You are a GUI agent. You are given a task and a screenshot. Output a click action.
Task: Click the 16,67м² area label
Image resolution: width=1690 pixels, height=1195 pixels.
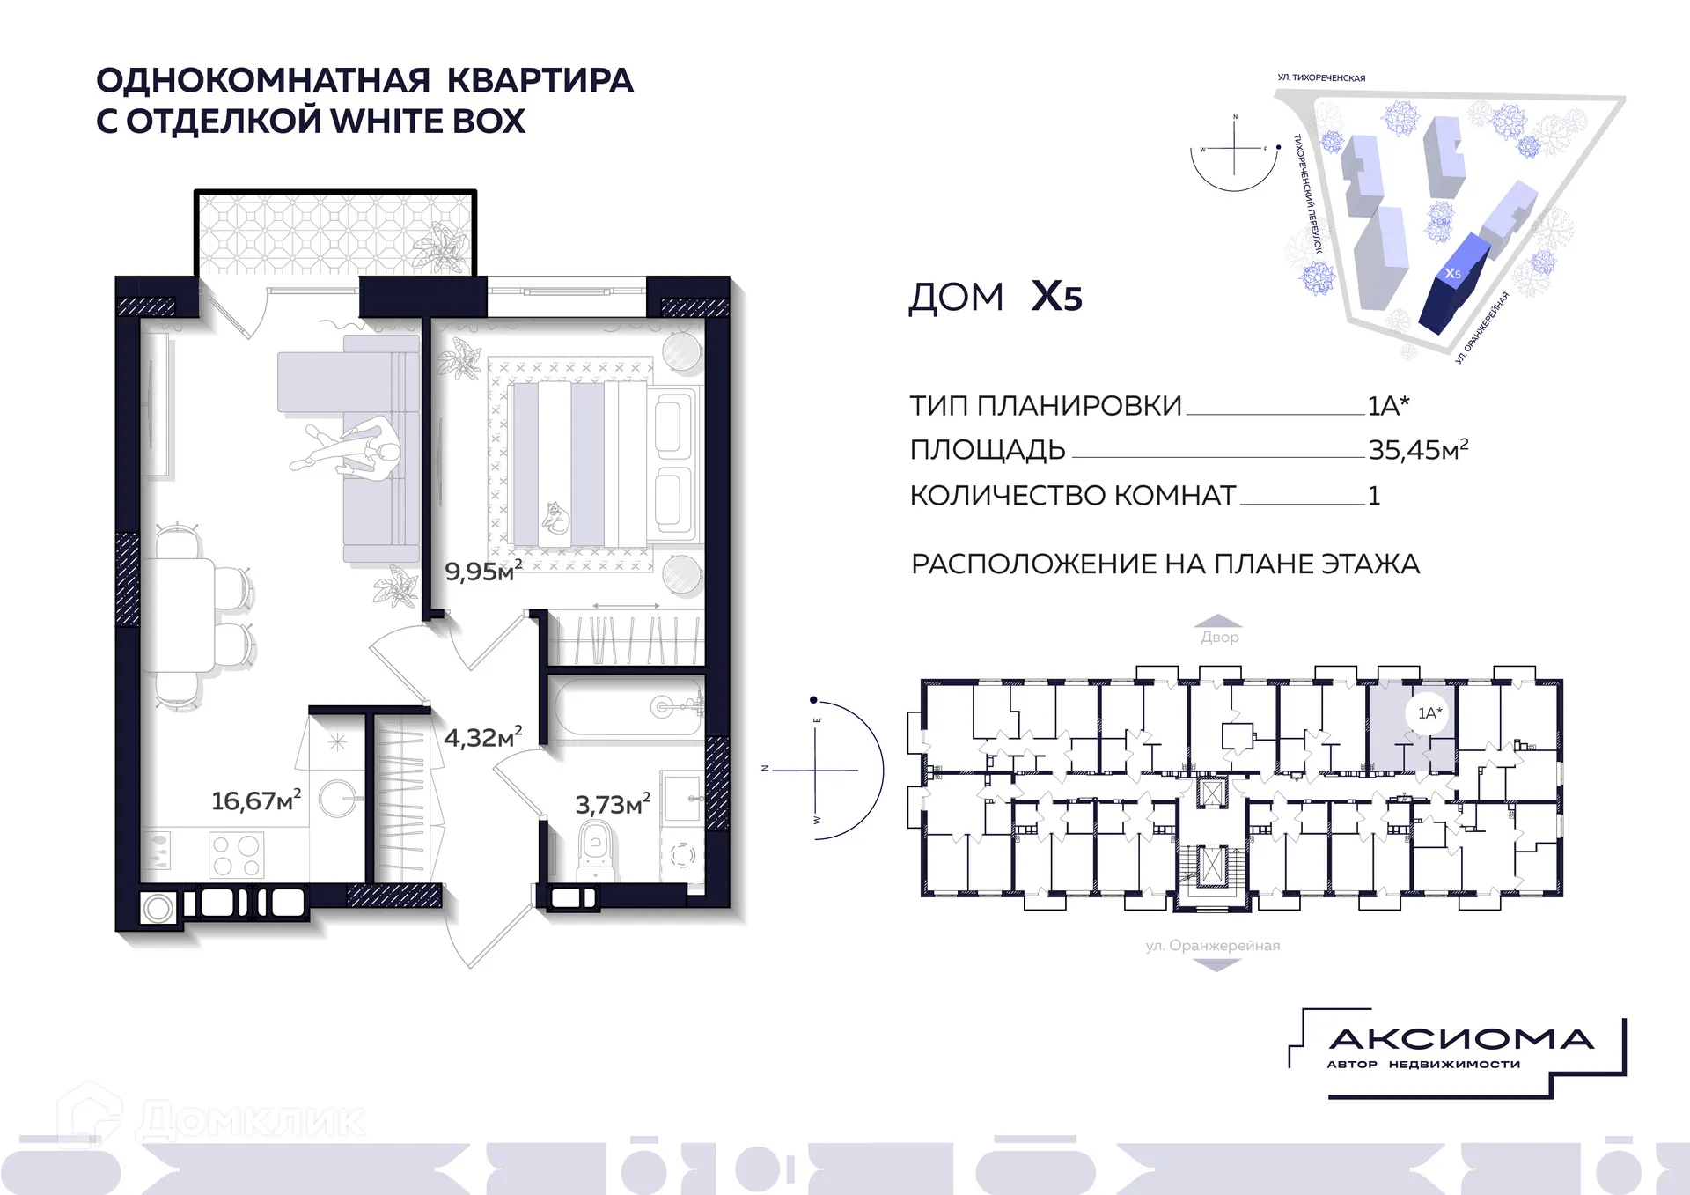(x=255, y=800)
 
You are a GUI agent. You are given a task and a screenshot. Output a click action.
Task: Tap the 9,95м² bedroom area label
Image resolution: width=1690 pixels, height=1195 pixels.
(x=482, y=571)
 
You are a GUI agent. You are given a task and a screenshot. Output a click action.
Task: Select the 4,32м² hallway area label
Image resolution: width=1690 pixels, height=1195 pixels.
(x=482, y=737)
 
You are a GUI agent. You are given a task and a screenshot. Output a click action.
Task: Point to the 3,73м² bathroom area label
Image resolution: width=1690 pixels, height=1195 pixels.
(x=613, y=804)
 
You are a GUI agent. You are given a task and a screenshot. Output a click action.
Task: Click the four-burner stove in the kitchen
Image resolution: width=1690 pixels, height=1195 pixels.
(x=236, y=855)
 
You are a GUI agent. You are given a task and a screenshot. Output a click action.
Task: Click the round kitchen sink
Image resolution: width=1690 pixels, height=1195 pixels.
(x=337, y=800)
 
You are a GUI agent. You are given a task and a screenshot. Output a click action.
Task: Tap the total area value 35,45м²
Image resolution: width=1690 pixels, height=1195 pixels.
(x=1417, y=450)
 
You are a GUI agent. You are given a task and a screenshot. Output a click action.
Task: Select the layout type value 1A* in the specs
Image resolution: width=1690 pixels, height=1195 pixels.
(x=1387, y=406)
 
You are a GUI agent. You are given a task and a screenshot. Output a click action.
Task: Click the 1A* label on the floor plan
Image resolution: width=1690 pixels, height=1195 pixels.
(x=1429, y=712)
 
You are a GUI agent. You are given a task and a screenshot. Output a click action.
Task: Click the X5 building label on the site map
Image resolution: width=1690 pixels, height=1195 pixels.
(x=1452, y=274)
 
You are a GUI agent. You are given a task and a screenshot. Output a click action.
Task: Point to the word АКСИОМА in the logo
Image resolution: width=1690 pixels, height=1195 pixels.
(x=1461, y=1040)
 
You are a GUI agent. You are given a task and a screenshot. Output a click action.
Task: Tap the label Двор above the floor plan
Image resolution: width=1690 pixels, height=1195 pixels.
(x=1219, y=637)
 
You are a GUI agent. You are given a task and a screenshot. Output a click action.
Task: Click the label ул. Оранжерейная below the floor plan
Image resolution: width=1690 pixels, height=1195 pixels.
(x=1212, y=946)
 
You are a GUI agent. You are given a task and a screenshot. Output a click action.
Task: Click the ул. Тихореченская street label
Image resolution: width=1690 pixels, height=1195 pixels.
(x=1321, y=77)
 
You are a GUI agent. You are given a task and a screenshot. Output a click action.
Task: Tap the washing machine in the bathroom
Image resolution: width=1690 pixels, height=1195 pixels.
(x=682, y=853)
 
